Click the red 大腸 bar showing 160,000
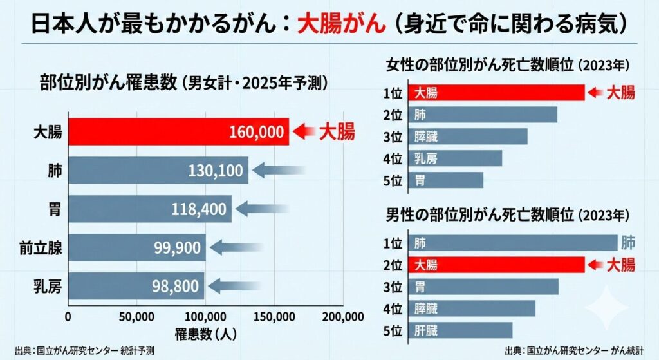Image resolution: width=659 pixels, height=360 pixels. [x=178, y=132]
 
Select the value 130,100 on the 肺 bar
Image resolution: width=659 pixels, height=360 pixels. [x=216, y=171]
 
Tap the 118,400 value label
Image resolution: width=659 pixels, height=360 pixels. [x=199, y=209]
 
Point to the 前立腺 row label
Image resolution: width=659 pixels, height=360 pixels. [x=46, y=248]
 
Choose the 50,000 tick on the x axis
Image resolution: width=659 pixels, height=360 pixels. [x=136, y=317]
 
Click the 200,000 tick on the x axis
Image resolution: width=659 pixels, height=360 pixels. [x=342, y=317]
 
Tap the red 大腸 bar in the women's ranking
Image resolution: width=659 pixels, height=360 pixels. [x=496, y=93]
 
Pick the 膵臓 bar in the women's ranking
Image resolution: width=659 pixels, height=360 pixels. [x=467, y=137]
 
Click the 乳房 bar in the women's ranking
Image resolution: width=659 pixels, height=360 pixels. [x=454, y=158]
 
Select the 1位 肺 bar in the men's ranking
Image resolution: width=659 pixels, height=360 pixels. [x=512, y=243]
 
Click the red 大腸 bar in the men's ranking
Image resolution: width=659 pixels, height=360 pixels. [x=496, y=265]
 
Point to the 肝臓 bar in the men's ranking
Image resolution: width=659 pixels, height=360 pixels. [x=459, y=330]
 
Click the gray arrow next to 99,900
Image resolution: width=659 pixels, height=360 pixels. [x=236, y=248]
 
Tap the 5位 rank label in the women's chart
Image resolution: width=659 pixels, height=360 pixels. [x=392, y=180]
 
